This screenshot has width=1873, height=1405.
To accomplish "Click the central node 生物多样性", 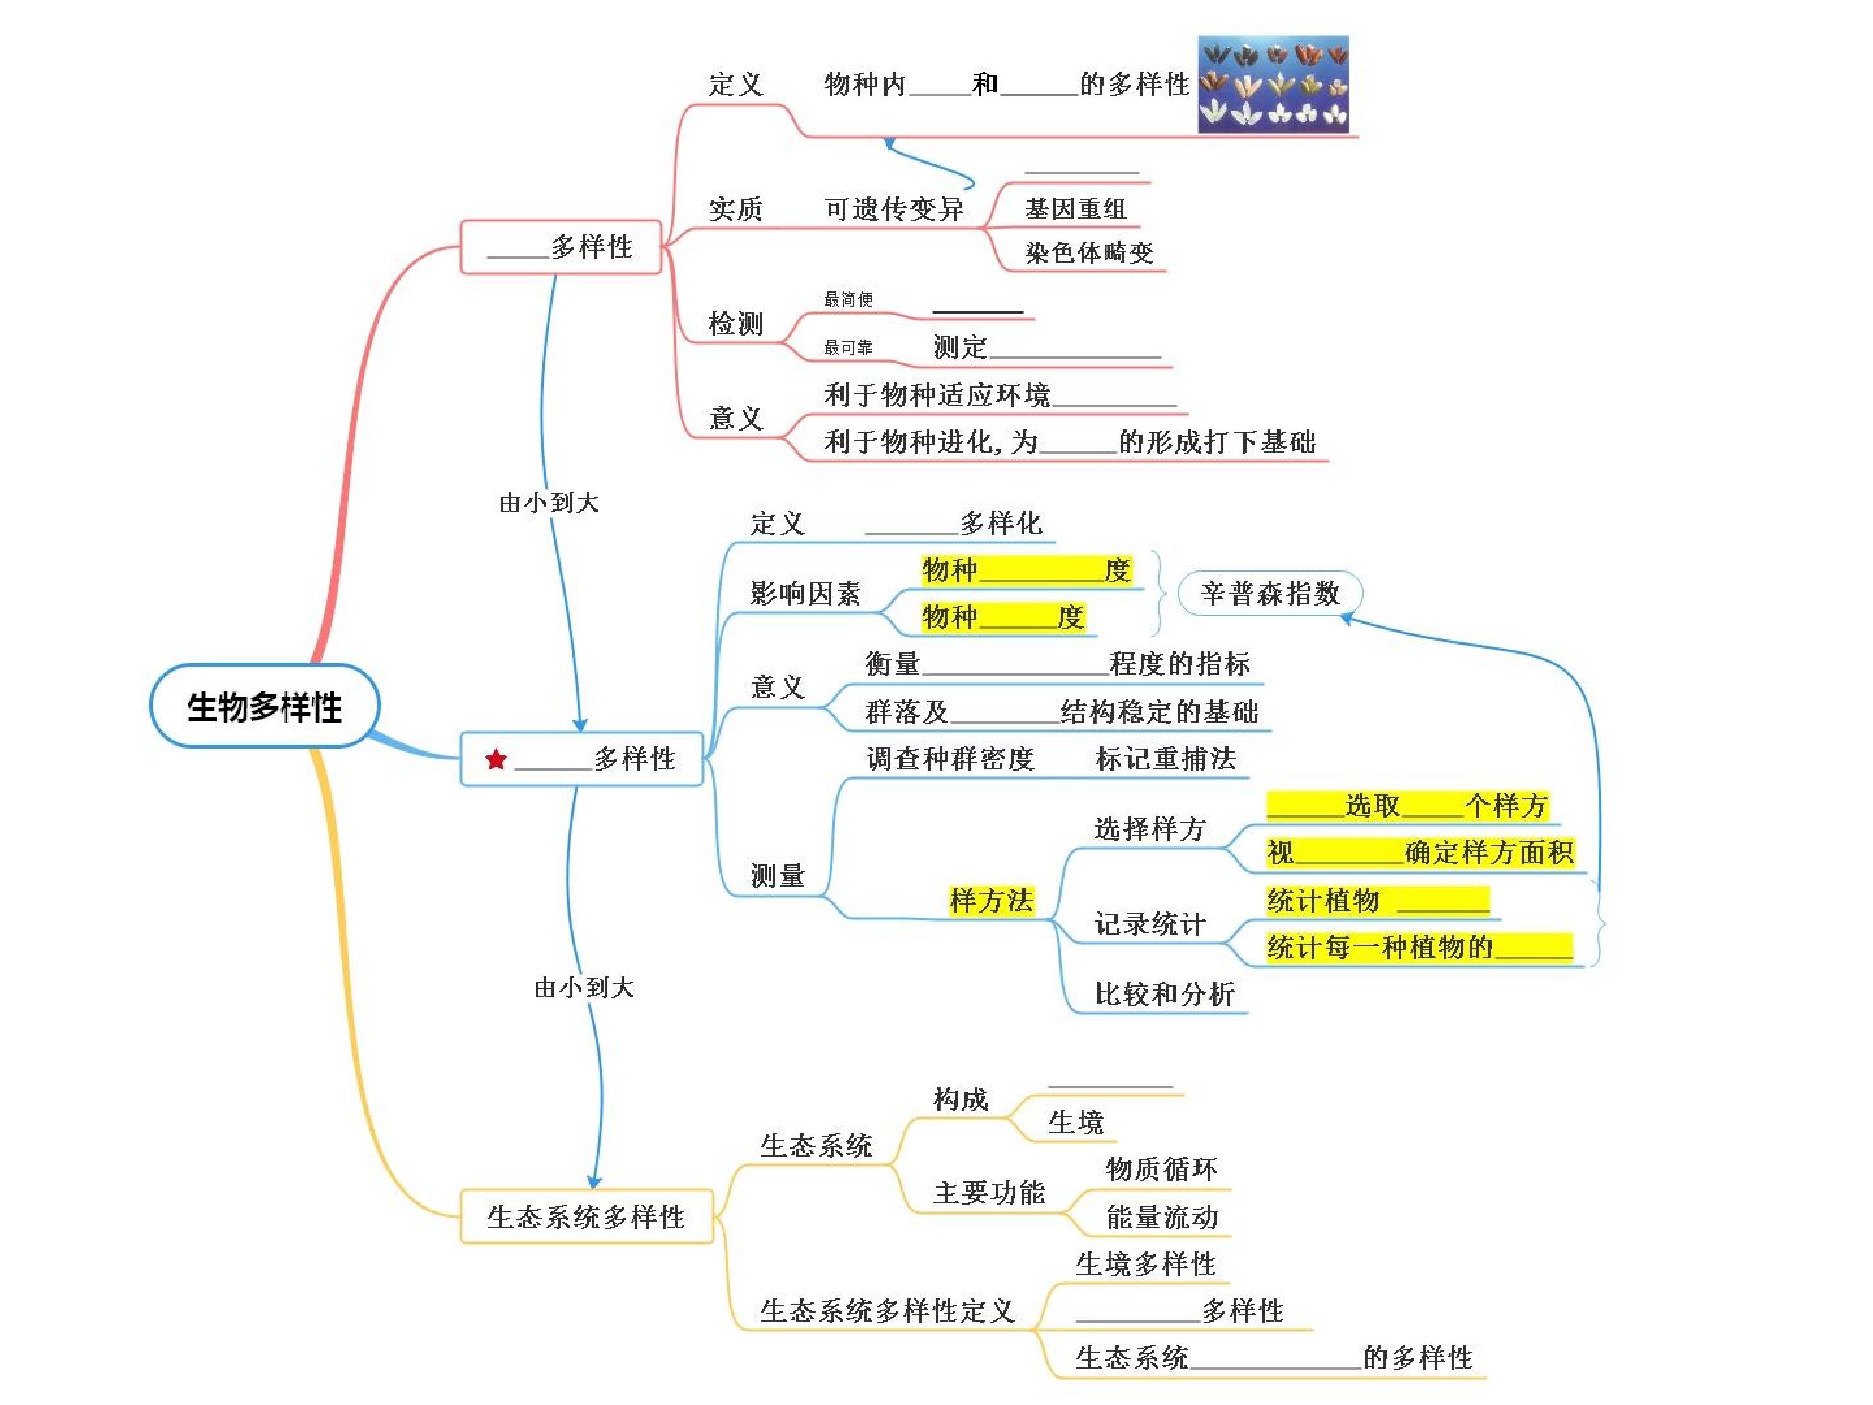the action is [x=264, y=706].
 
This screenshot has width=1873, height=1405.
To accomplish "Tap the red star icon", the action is [x=496, y=760].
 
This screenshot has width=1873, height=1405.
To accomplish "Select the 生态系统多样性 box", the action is [x=586, y=1216].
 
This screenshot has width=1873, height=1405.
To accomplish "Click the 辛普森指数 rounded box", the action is [x=1270, y=593].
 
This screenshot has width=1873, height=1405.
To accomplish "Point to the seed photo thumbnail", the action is [x=1273, y=84].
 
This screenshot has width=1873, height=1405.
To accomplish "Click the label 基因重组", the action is [x=1076, y=208].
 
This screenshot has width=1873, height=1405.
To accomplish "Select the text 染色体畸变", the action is [x=1089, y=252].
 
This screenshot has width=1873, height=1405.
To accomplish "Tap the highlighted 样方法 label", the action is [x=992, y=900].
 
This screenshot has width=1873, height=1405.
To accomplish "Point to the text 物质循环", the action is [x=1162, y=1169].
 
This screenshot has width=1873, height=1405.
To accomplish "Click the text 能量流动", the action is [x=1162, y=1217].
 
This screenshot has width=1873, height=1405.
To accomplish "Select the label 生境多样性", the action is [x=1146, y=1264].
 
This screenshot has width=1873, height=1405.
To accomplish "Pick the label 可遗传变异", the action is [x=894, y=208].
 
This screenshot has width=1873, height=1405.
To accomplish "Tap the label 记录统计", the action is [x=1150, y=923].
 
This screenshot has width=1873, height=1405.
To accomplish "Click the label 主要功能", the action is [x=989, y=1192].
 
